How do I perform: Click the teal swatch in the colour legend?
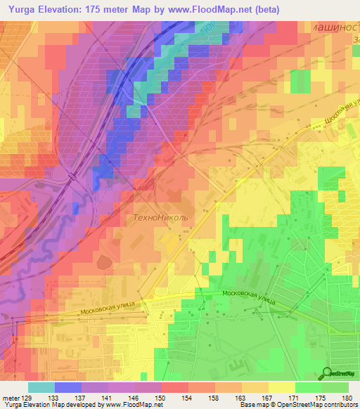click(x=41, y=387)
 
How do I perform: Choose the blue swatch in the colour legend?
click(x=68, y=387)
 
